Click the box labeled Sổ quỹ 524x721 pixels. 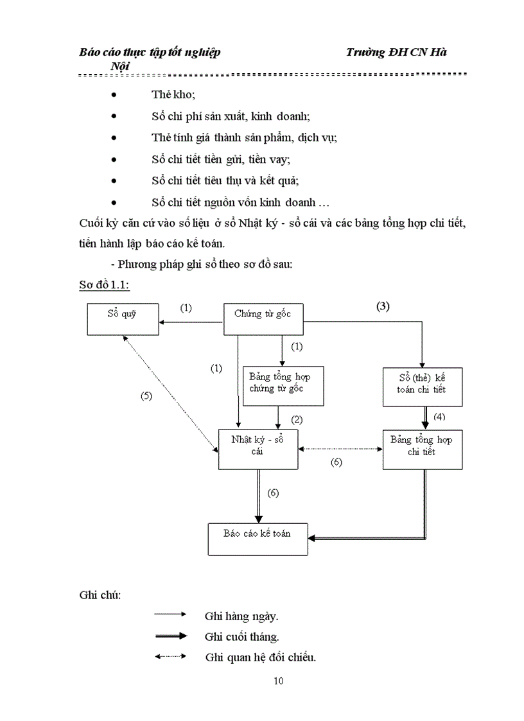pos(123,318)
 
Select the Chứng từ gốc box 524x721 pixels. pos(262,318)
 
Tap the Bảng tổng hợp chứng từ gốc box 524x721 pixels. pos(283,386)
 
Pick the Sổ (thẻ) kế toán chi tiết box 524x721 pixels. pos(422,387)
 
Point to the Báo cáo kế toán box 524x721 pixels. pos(258,538)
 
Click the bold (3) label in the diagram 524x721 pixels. pos(383,306)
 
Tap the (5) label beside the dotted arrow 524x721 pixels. pos(146,396)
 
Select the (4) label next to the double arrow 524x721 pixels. pos(439,417)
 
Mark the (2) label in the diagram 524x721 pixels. pos(297,420)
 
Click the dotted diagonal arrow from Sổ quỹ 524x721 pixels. pos(170,392)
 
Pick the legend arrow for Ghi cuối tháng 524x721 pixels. pos(170,636)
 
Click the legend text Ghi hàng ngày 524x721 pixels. pos(241,616)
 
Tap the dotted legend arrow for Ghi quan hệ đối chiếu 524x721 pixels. pos(170,656)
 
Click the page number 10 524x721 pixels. pos(278,681)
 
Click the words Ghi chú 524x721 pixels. pos(100,594)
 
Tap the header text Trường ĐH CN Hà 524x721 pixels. pos(396,53)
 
